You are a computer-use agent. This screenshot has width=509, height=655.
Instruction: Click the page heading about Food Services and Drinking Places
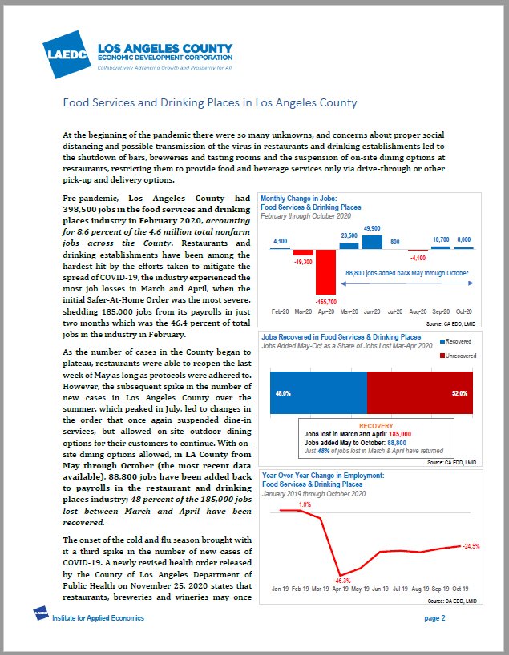coord(210,103)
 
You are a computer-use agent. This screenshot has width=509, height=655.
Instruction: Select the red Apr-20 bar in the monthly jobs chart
coord(325,271)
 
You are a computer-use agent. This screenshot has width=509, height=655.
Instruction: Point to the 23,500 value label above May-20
coord(349,235)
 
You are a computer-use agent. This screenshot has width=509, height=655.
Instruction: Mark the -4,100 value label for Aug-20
coord(418,258)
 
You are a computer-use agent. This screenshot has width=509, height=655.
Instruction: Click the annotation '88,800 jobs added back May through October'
coord(406,272)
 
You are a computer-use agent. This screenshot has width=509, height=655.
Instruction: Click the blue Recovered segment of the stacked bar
coord(318,392)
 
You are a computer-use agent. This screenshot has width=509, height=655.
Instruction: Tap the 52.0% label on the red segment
coord(459,393)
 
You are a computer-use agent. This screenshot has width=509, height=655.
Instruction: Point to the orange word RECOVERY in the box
coord(376,426)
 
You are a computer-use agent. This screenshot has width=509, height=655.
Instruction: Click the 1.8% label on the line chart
coord(305,504)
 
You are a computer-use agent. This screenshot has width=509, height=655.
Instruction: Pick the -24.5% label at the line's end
coord(471,546)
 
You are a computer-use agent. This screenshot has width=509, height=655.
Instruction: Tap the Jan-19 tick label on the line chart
coord(281,589)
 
